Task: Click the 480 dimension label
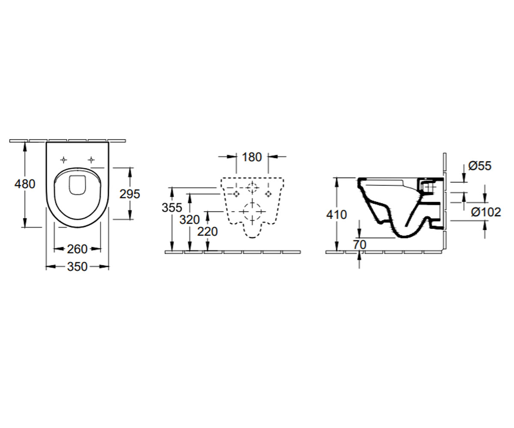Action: [25, 184]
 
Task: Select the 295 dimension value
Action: [130, 194]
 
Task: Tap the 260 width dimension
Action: [77, 249]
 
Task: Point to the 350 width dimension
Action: [77, 267]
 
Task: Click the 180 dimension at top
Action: [252, 157]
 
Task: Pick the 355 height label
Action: [172, 208]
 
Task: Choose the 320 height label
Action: [190, 220]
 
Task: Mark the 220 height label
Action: [207, 232]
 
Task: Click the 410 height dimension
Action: [337, 215]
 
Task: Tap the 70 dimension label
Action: [360, 244]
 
